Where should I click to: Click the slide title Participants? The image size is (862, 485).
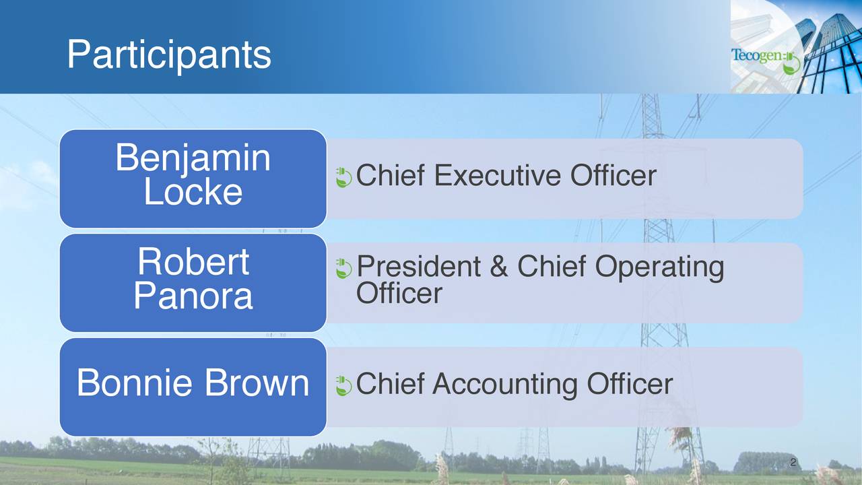[169, 55]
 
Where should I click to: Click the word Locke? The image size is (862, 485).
[193, 193]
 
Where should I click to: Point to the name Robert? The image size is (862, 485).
[193, 263]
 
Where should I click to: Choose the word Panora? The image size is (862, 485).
[193, 296]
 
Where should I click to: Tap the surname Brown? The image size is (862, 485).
[257, 383]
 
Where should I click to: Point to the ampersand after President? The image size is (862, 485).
[499, 267]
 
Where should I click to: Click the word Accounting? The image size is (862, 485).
[505, 385]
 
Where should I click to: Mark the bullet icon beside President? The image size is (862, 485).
[344, 269]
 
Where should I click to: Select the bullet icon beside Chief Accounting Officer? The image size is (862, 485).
[344, 385]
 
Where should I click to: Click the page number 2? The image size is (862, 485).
[793, 462]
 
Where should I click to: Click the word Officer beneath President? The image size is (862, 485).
[399, 294]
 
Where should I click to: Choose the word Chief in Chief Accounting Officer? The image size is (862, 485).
[390, 385]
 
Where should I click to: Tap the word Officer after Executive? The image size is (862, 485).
[613, 176]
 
